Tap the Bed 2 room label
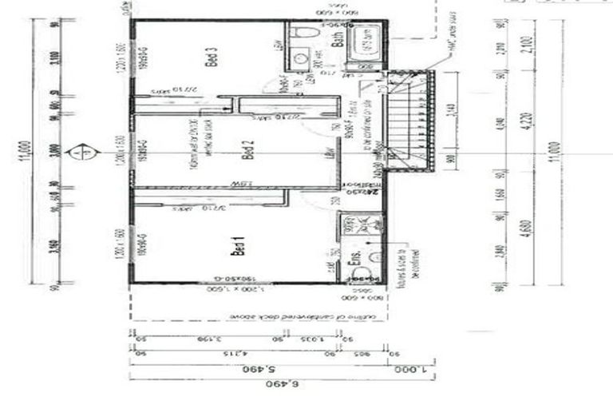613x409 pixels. click(247, 150)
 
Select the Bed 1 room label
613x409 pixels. click(236, 248)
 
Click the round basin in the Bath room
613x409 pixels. click(299, 58)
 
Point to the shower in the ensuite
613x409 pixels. click(368, 228)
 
